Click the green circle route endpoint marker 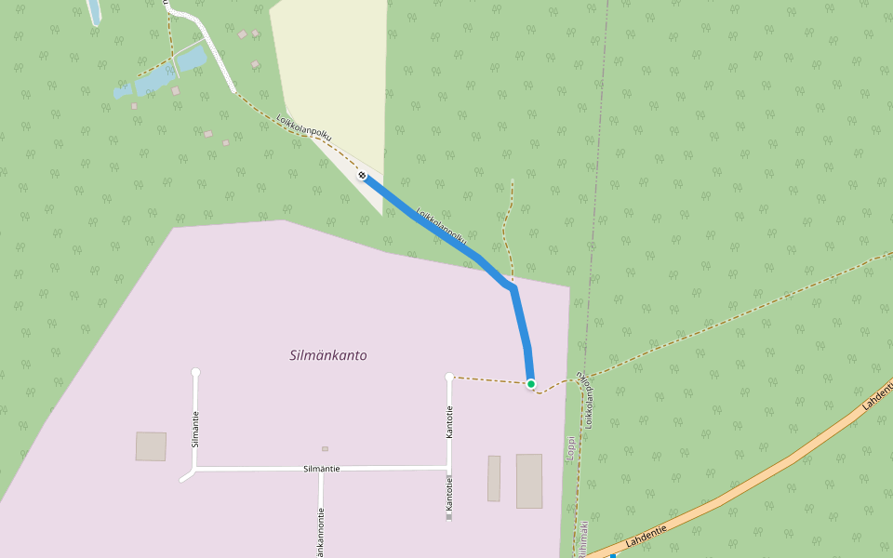point(531,383)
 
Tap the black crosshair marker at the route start point(362,175)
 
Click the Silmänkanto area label point(328,355)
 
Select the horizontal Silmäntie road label point(322,469)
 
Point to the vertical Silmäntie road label point(195,429)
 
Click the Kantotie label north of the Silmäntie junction point(449,421)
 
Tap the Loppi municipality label point(570,448)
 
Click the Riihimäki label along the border point(581,539)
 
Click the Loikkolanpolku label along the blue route point(441,225)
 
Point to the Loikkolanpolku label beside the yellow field point(304,129)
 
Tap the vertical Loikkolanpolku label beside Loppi point(588,400)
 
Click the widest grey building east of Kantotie point(529,481)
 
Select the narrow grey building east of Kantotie point(494,478)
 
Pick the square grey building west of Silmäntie point(151,446)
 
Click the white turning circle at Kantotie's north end point(449,377)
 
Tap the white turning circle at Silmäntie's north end point(195,372)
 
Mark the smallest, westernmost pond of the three point(123,92)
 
